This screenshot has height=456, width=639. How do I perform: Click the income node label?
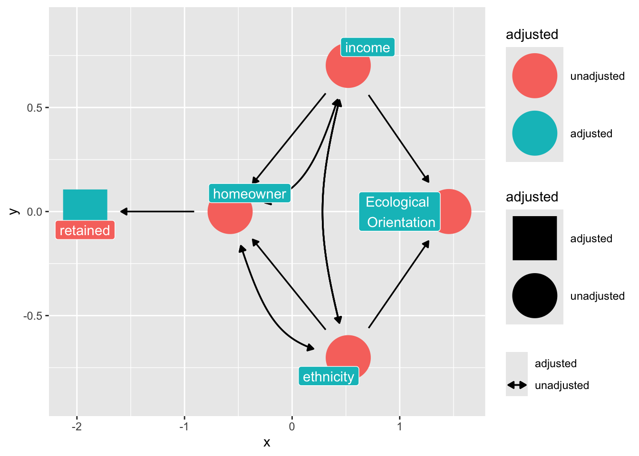(x=368, y=47)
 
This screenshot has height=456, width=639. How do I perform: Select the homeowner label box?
(x=250, y=194)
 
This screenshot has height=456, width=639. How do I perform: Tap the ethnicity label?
(x=329, y=377)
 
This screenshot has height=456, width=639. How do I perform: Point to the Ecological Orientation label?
(x=399, y=212)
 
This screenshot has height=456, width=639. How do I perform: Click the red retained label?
(x=85, y=230)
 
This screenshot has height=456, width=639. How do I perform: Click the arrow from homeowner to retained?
(x=157, y=211)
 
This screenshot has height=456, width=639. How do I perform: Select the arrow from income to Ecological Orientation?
(x=398, y=138)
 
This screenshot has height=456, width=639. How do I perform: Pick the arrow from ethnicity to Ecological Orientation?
(x=398, y=285)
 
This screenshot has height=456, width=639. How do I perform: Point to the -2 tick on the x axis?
(x=77, y=427)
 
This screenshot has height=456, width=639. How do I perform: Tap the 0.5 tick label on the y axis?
(x=35, y=107)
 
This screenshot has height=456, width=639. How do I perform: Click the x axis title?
(x=267, y=443)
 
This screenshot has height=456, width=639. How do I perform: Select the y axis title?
(x=14, y=211)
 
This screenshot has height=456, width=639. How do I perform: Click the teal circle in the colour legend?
(x=534, y=133)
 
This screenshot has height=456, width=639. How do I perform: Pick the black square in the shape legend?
(x=534, y=238)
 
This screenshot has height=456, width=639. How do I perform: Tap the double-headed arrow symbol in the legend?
(x=517, y=385)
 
